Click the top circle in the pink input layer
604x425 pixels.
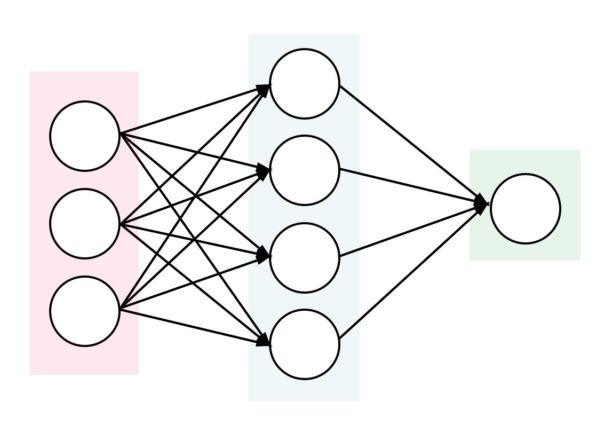[85, 136]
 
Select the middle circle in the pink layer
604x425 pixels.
[85, 224]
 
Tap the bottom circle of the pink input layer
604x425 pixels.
[85, 311]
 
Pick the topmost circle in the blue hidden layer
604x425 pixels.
[305, 84]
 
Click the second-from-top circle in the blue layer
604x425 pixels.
[305, 170]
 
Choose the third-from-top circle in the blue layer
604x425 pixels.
[305, 258]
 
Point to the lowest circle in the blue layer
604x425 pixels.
[305, 344]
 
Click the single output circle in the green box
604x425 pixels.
[526, 209]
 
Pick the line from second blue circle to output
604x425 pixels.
[411, 186]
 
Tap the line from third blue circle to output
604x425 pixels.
[411, 230]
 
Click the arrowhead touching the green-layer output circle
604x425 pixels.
[481, 204]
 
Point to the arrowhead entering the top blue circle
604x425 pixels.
[263, 89]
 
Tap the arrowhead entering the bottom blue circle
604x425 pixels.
[263, 340]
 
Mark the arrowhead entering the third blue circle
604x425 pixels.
[263, 256]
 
